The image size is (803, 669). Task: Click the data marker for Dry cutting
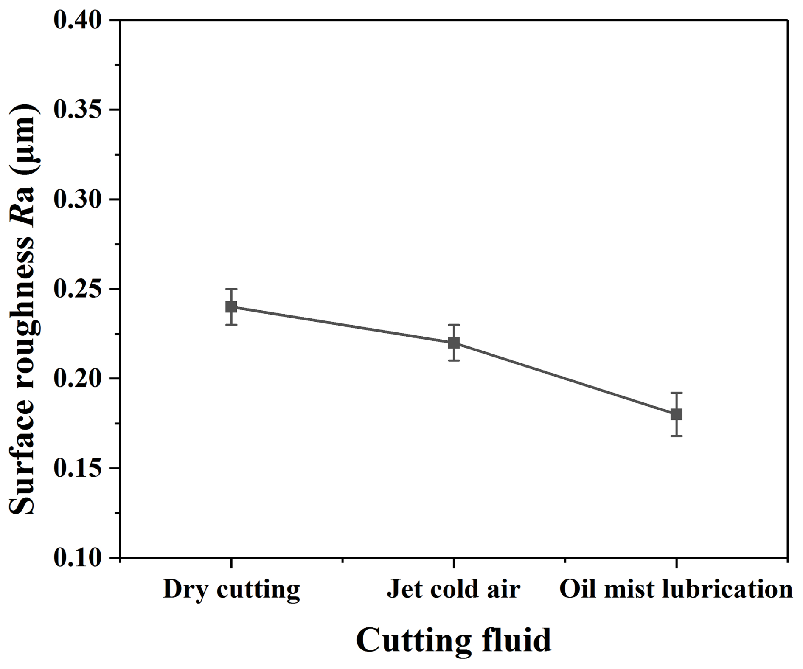(x=231, y=306)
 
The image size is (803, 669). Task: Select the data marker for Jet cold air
(x=454, y=343)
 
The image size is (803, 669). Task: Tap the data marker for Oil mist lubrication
(x=676, y=414)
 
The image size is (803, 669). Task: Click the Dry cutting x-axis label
(x=231, y=590)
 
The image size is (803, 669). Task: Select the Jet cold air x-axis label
(x=453, y=589)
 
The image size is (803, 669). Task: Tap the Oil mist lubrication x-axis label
(x=676, y=589)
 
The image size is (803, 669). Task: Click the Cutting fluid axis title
(x=453, y=640)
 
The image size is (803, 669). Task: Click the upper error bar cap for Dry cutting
(x=231, y=289)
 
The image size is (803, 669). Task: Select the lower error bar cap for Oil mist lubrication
(x=676, y=436)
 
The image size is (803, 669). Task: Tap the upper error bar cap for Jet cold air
(x=454, y=325)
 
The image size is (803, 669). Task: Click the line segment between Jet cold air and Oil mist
(x=564, y=378)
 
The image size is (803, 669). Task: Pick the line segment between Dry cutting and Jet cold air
(x=343, y=325)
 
